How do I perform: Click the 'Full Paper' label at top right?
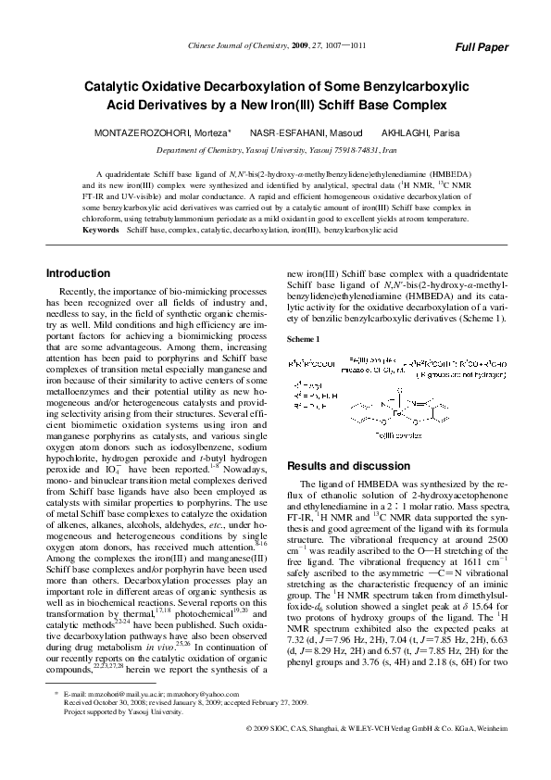482,46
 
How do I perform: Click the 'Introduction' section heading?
79,273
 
